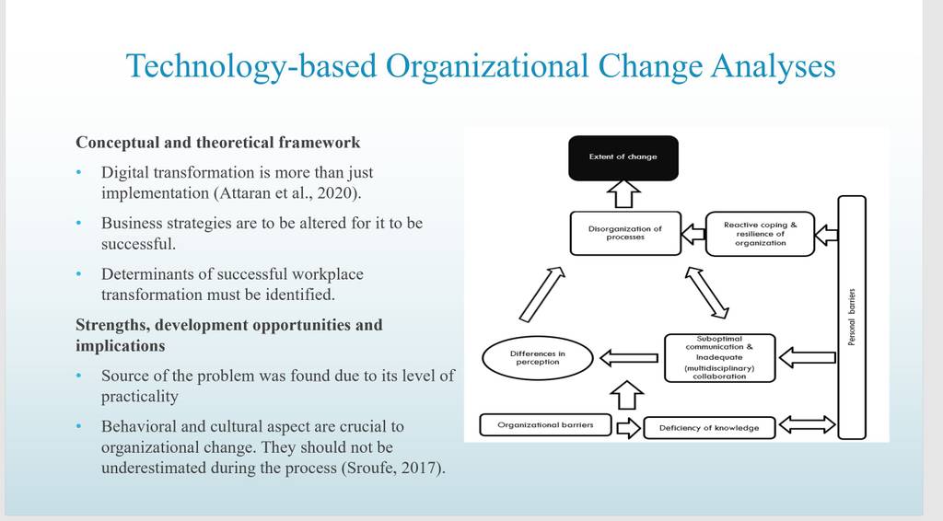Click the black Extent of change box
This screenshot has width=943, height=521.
point(623,157)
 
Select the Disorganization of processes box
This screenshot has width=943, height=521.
point(625,233)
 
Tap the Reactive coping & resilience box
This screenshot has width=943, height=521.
point(760,234)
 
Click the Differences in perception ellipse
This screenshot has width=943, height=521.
point(538,358)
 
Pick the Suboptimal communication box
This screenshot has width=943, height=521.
point(720,358)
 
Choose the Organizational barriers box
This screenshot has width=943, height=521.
point(545,425)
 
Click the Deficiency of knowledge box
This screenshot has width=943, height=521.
point(709,428)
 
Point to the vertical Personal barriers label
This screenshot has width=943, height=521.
point(852,318)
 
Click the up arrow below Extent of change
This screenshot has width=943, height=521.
point(623,194)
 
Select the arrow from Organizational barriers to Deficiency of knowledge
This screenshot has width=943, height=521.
point(628,428)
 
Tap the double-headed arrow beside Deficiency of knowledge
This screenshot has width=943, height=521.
point(807,425)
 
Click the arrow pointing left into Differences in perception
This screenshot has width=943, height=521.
point(629,358)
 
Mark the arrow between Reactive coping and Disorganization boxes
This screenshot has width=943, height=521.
point(693,234)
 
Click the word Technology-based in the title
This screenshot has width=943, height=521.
point(251,66)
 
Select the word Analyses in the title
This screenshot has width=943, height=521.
point(774,66)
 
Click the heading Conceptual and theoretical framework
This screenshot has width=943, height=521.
point(217,143)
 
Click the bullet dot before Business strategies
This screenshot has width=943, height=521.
point(79,223)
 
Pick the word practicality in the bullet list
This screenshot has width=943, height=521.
point(140,397)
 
